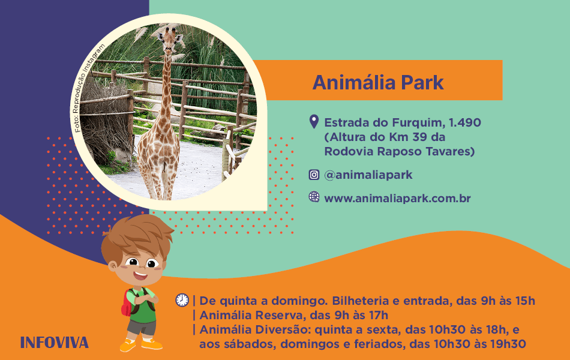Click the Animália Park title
(378, 82)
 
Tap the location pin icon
(314, 122)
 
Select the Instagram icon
(314, 175)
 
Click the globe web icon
(314, 197)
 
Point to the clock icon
(182, 300)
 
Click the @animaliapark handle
(368, 175)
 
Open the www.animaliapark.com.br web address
(397, 199)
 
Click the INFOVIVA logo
(55, 343)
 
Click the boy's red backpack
(127, 303)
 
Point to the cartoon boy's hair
(137, 235)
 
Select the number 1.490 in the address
(465, 122)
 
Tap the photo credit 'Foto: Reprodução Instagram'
(89, 88)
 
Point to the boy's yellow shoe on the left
(128, 346)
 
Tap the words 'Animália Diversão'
(254, 329)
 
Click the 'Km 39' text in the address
(409, 137)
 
